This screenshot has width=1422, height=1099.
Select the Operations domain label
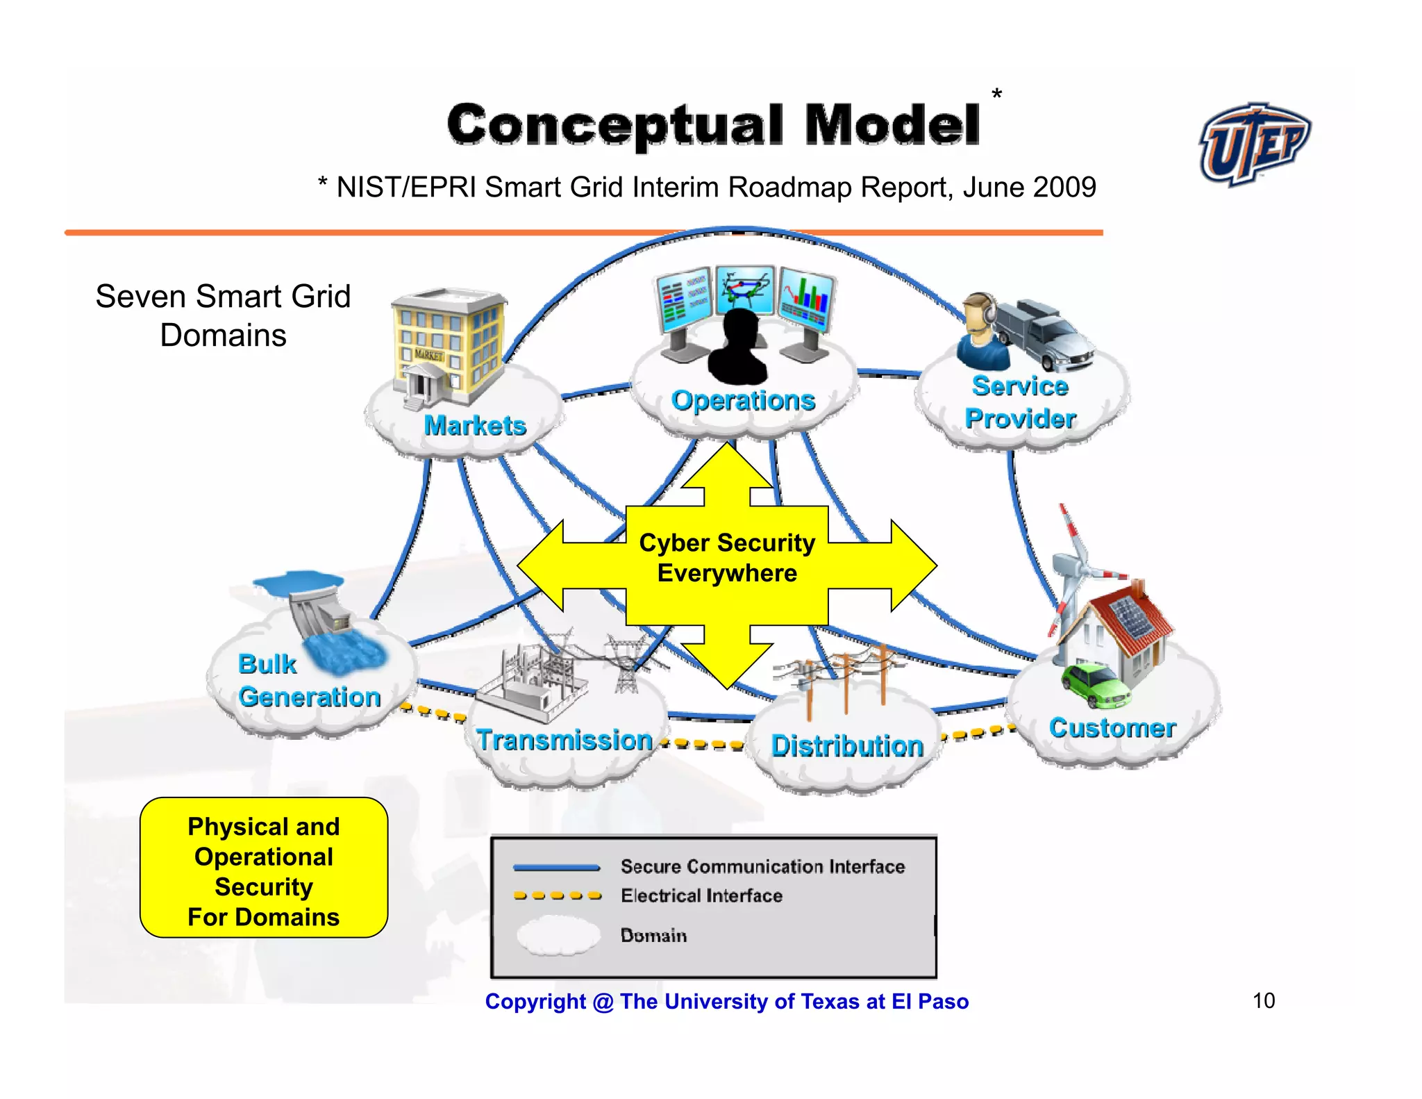[743, 401]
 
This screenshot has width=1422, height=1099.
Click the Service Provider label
[1020, 403]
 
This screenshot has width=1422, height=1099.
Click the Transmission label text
[564, 741]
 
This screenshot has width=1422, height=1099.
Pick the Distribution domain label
[847, 746]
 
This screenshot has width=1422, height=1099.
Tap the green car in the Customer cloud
[1095, 685]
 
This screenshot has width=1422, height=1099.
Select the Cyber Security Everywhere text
[727, 558]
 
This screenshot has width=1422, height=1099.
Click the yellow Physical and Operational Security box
[264, 868]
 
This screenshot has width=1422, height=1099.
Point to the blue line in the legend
[556, 867]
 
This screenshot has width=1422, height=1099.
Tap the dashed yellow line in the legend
[558, 896]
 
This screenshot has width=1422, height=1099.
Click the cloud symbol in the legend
[558, 935]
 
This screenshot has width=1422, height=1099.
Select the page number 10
[1264, 1001]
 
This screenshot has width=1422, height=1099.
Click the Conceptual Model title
[713, 125]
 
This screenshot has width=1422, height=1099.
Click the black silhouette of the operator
[738, 347]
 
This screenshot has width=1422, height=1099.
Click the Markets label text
[475, 426]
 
